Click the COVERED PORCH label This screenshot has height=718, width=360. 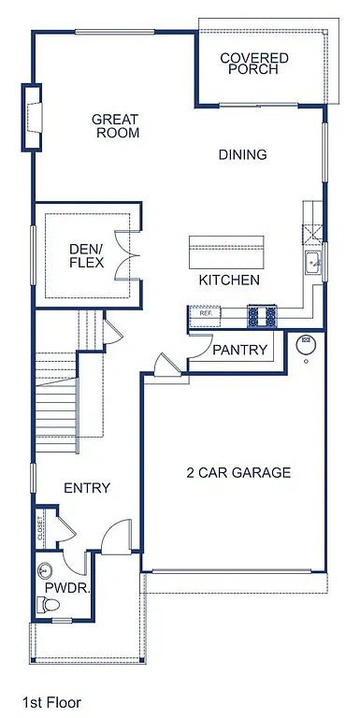[254, 64]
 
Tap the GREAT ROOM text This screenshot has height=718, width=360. [115, 126]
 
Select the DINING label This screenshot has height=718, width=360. [242, 155]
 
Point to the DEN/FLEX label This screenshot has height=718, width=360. [87, 256]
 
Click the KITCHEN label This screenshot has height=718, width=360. [229, 280]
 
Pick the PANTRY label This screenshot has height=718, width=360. [240, 351]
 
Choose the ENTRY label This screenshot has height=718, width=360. [87, 488]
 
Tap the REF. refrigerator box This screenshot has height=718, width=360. [206, 314]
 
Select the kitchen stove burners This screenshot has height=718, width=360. [263, 316]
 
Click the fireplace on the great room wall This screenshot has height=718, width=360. [33, 116]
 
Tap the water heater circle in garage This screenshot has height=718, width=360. [304, 345]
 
